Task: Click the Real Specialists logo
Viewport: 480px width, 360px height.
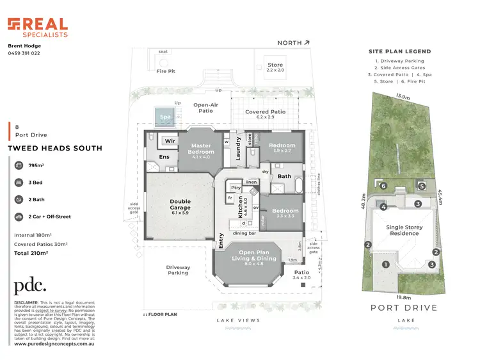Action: pos(37,28)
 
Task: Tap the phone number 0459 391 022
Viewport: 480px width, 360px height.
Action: pos(24,53)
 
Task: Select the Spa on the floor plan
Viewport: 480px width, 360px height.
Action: pos(166,117)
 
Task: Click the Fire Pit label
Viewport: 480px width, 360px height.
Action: pos(166,71)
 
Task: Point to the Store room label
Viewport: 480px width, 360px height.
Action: pos(275,65)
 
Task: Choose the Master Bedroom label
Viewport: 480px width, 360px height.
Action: pos(201,149)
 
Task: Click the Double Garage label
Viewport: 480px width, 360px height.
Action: pos(180,205)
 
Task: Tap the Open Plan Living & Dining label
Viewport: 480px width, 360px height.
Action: pos(255,256)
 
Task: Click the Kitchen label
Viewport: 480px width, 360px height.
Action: pos(241,208)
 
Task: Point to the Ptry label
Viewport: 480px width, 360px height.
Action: pos(236,187)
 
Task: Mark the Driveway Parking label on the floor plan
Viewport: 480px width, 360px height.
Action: pos(178,270)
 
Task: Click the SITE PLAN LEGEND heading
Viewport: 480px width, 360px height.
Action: pos(400,51)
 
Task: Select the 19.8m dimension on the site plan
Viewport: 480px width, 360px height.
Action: pos(403,297)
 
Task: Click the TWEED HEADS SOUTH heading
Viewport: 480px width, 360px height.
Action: pos(54,148)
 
